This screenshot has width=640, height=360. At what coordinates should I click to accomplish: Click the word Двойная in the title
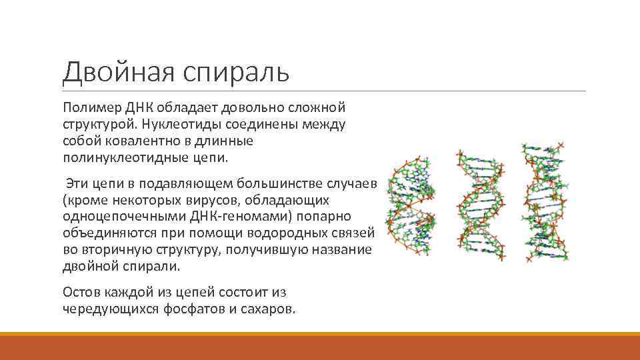click(106, 71)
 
